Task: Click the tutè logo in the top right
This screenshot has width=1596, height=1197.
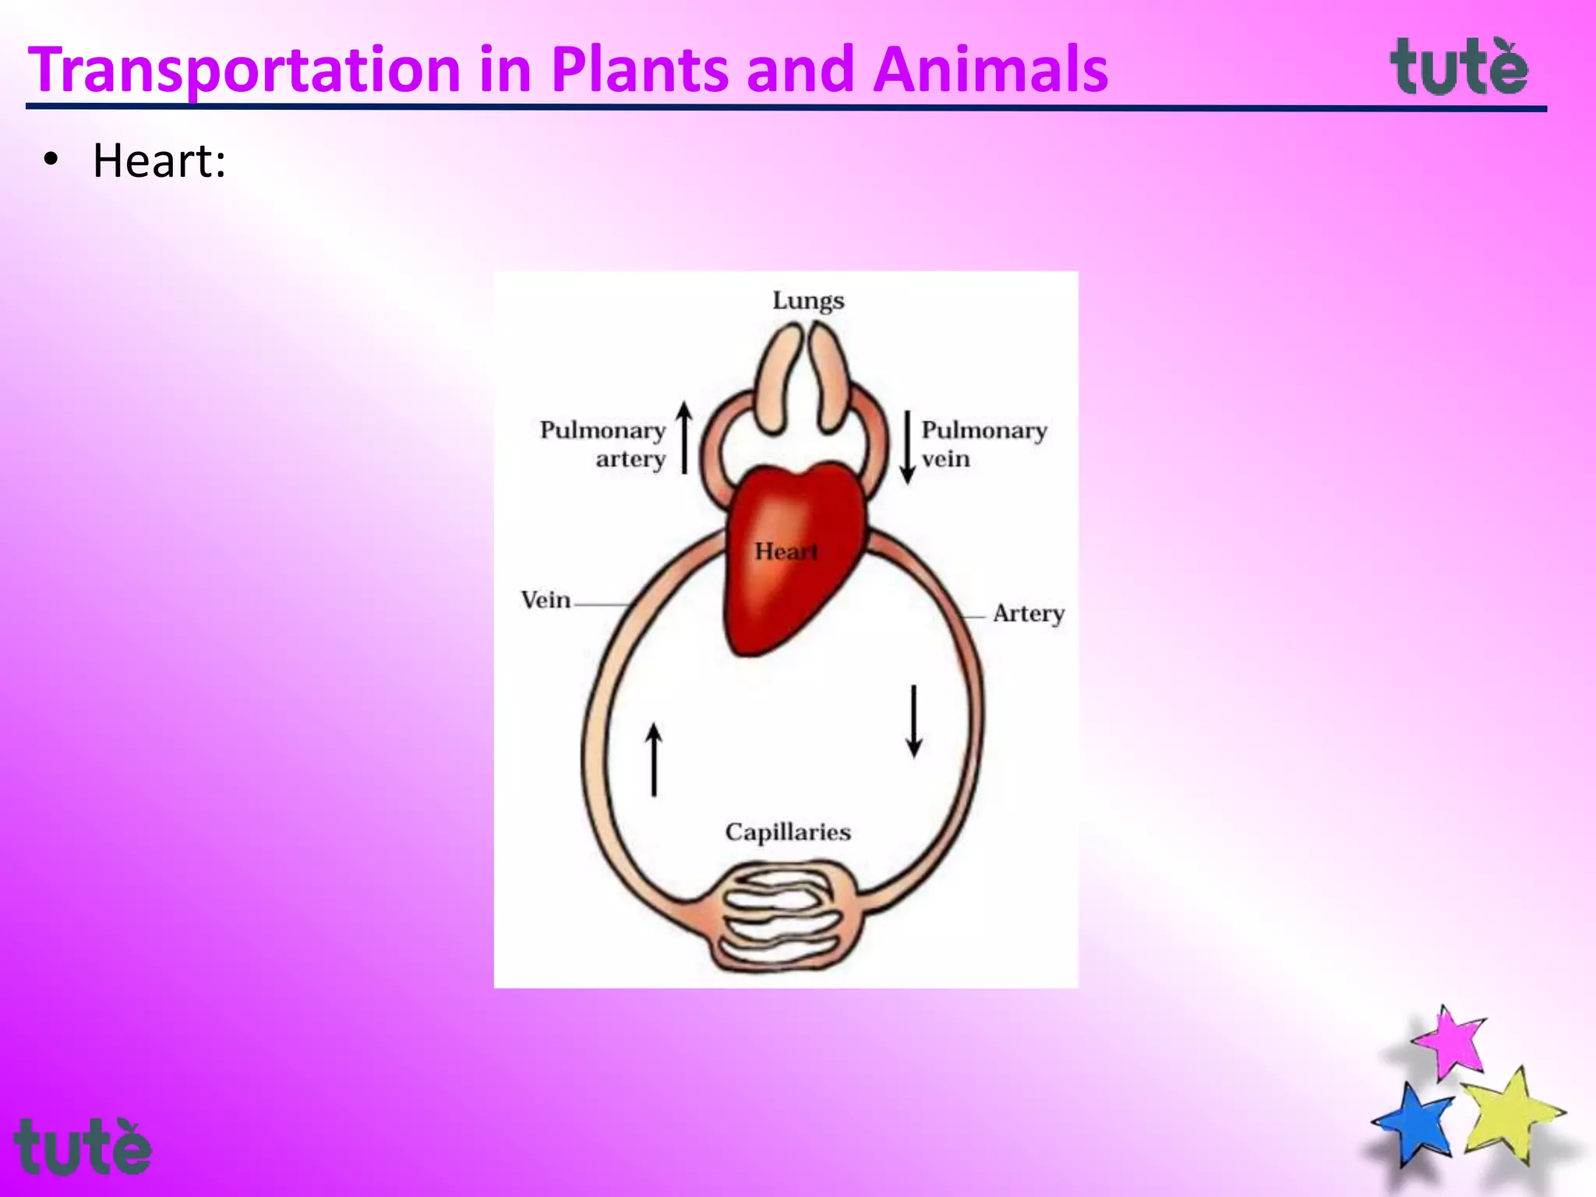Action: [1459, 69]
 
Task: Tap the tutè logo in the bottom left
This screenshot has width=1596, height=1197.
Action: [82, 1147]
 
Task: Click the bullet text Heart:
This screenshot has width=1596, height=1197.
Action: [159, 161]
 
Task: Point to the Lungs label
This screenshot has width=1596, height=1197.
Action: [808, 301]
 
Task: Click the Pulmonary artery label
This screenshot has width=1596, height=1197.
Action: [603, 444]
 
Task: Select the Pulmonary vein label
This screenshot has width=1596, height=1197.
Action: [983, 444]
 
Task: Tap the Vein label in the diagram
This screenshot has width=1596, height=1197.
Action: [546, 600]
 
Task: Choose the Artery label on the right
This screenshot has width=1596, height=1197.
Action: [1029, 613]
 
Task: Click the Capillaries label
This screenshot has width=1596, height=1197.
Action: [788, 832]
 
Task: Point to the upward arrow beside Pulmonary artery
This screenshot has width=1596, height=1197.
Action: [684, 438]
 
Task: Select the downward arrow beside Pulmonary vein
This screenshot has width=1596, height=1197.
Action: [907, 447]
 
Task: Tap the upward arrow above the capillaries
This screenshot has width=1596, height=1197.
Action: [654, 760]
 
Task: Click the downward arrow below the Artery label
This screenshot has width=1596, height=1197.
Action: [914, 721]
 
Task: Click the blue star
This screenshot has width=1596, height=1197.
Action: [1414, 1122]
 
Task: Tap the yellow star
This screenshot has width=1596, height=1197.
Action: [1510, 1114]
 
